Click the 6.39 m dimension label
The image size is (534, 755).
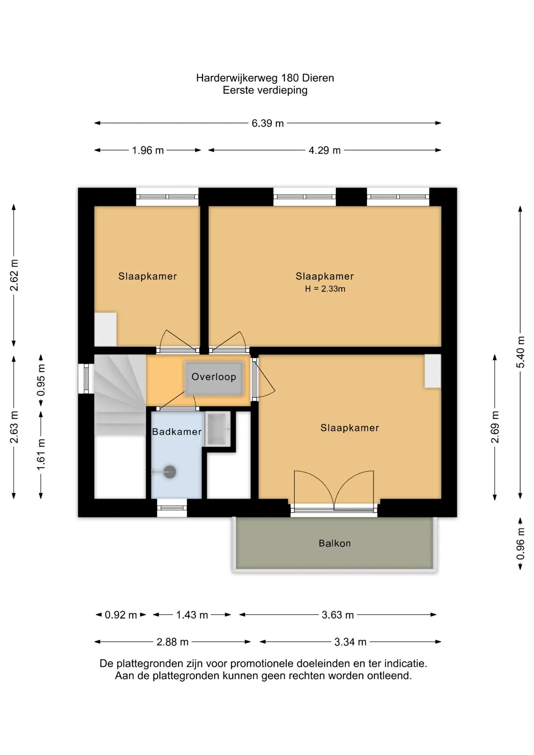pos(267,123)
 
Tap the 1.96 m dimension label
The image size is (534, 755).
pos(148,151)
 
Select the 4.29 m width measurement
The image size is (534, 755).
pos(324,151)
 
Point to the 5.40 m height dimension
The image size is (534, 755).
pos(520,352)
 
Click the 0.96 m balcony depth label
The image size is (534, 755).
pos(520,544)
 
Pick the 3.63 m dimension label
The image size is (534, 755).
pos(338,615)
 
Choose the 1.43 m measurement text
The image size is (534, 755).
pos(192,615)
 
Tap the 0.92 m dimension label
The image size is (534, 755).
pos(121,615)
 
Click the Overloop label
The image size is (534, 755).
pos(214,377)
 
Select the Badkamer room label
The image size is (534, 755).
pos(177,432)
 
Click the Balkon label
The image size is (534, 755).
pos(335,543)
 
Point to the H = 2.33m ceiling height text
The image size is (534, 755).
pos(325,289)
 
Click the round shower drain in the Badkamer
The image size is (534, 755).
pos(169,472)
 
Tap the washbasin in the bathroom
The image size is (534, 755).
pos(217,429)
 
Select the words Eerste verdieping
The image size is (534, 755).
pos(265,90)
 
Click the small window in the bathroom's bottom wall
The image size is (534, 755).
pos(172,508)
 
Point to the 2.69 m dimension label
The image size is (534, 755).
pos(495,427)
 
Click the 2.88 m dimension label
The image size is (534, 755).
pos(172,642)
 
